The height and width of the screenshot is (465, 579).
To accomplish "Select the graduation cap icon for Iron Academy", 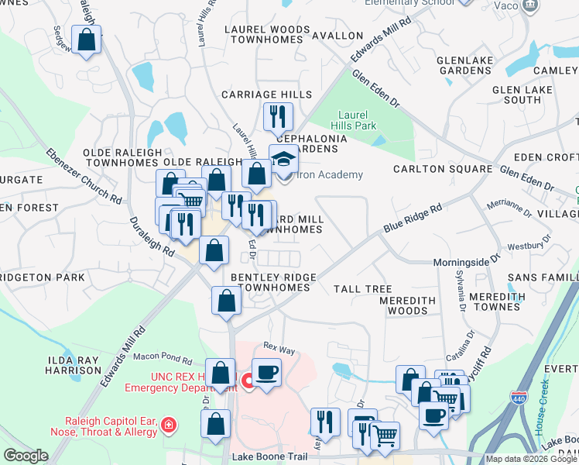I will click(283, 158).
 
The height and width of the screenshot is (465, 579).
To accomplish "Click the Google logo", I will click(26, 456).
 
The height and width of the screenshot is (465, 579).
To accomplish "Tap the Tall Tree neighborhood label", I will click(363, 289).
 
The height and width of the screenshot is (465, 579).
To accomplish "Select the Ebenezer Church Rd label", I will click(84, 176).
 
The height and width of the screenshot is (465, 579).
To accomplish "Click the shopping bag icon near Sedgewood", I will click(86, 40).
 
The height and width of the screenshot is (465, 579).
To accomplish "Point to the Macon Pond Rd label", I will click(162, 357).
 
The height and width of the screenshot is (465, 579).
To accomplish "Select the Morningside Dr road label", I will click(461, 263).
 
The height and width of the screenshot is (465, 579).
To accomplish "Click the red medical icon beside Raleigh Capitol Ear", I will click(168, 425).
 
